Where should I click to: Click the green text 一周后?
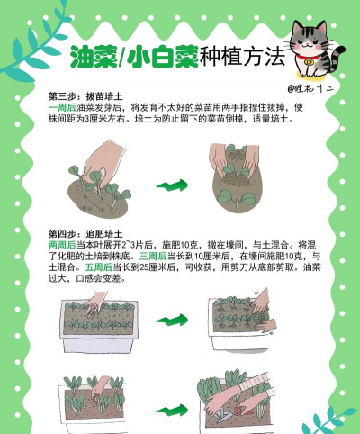click(x=61, y=107)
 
